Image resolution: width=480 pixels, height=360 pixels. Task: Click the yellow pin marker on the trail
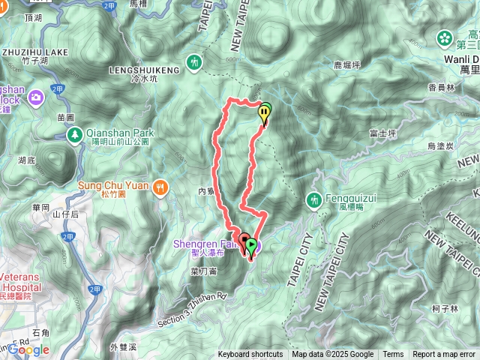[x=264, y=115]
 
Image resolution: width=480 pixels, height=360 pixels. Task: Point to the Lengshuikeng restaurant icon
[x=196, y=61]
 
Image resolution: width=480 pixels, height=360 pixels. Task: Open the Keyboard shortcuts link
[x=250, y=355]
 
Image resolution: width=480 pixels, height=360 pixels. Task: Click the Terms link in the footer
[x=393, y=355]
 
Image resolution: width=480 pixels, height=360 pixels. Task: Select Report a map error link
[x=444, y=355]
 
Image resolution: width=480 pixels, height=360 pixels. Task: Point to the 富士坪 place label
[x=382, y=133]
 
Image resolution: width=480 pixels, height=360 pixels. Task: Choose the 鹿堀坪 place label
[x=346, y=65]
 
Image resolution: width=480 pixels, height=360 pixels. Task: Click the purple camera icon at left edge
[x=35, y=97]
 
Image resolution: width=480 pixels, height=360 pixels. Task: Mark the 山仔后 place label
[x=66, y=214]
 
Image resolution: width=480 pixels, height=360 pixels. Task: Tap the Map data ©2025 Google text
[x=332, y=355]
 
